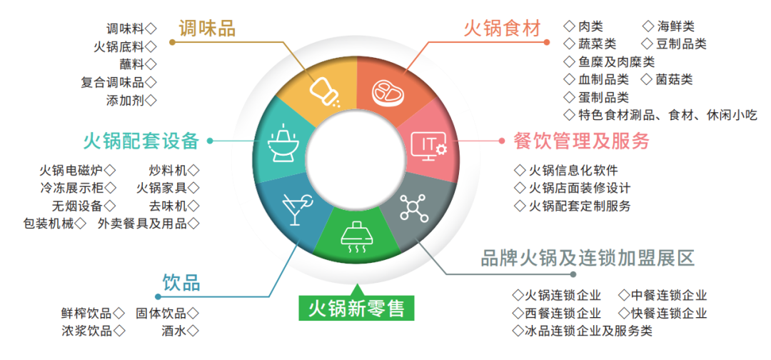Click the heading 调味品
click(207, 29)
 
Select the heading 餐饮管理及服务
click(582, 141)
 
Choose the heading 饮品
click(181, 281)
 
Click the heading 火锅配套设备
click(141, 141)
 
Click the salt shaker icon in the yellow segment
click(323, 91)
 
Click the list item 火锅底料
click(119, 46)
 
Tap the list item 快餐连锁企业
click(669, 313)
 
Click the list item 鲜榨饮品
click(86, 313)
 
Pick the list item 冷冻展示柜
click(72, 189)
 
